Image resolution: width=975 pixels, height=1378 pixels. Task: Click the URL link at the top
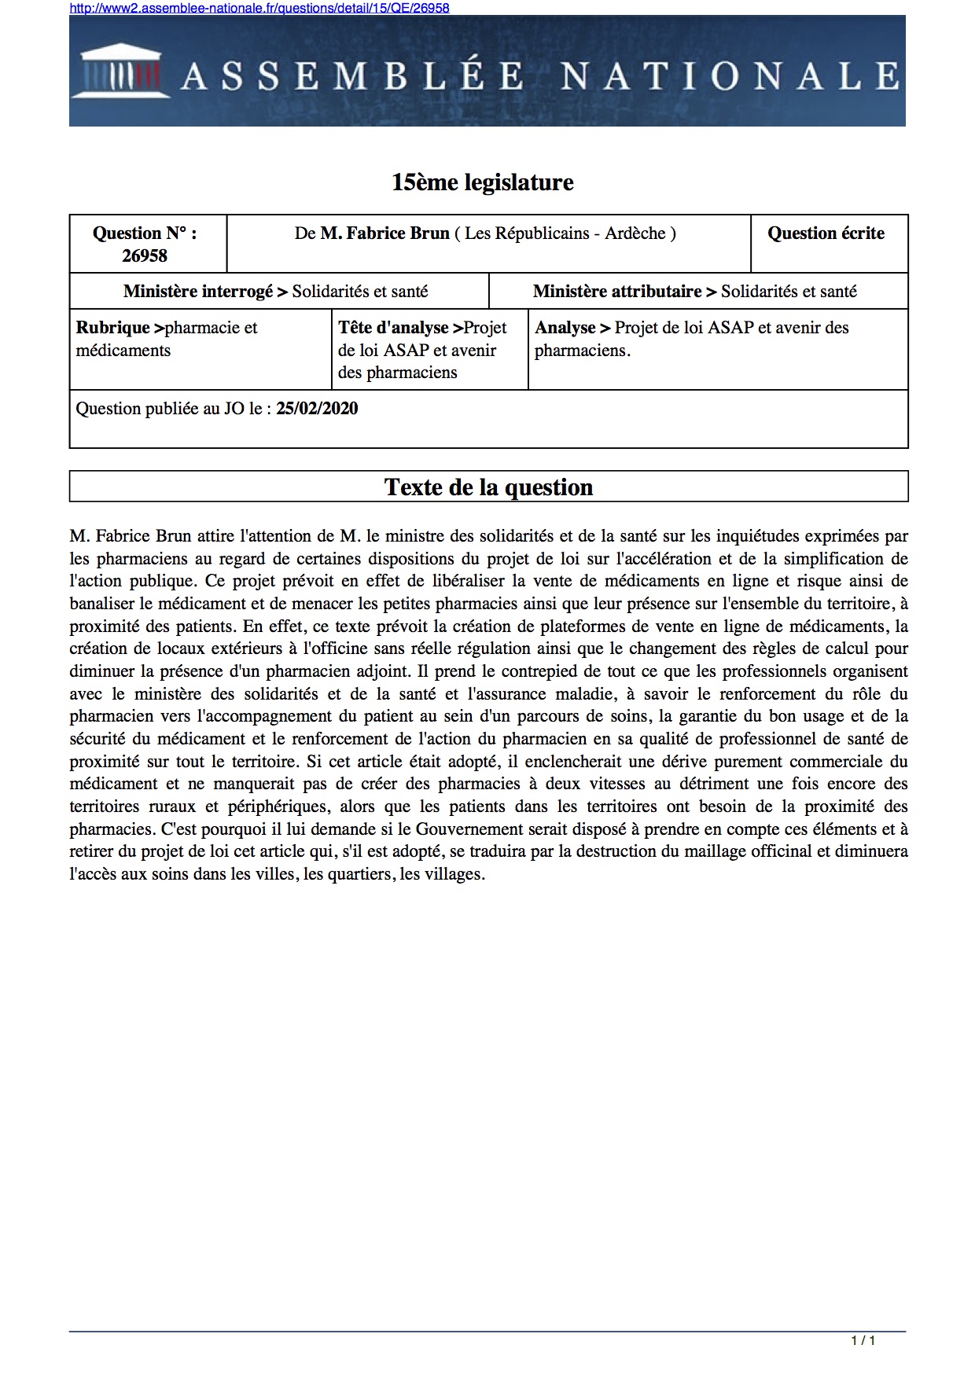coord(259,8)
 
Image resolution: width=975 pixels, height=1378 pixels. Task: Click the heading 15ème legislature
coord(482,182)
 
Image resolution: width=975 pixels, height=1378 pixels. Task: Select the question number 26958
coord(145,255)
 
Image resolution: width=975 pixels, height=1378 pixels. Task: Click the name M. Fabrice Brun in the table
coord(384,233)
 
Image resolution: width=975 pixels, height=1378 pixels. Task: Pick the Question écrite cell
coord(826,233)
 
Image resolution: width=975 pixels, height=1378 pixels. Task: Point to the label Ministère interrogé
coord(198,292)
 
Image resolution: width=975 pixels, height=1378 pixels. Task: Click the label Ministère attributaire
coord(617,292)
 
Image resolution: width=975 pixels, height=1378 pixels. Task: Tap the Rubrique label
coord(112,328)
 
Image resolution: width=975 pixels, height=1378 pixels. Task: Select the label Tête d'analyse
coord(393,328)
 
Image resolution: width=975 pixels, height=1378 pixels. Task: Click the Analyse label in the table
coord(565,328)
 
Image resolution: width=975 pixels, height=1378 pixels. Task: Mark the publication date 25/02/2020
coord(317,409)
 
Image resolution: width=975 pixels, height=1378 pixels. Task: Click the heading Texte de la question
coord(488,487)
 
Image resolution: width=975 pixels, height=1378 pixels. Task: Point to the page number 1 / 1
coord(863,1340)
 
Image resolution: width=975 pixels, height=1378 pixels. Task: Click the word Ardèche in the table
coord(635,233)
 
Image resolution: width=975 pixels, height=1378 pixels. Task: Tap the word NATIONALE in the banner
coord(730,76)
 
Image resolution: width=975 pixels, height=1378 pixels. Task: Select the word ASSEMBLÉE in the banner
coord(353,76)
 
